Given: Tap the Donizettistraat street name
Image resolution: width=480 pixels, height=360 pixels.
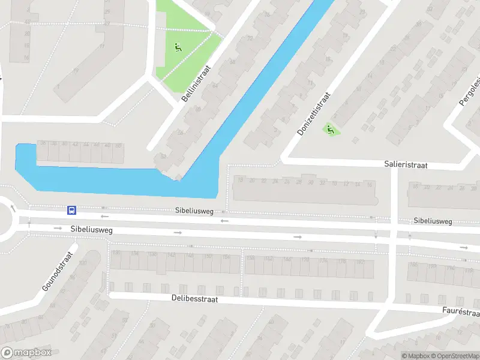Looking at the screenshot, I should point(314,113).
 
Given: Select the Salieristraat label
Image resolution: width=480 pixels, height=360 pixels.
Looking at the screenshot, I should point(406,164).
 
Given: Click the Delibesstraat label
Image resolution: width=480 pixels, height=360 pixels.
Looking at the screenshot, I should point(194,298).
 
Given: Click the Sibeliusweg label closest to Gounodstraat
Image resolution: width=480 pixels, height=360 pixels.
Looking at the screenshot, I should point(91,229).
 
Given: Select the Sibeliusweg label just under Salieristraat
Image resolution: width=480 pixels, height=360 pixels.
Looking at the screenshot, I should point(433,221).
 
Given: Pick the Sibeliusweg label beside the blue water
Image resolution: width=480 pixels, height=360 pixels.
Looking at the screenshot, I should point(194,211).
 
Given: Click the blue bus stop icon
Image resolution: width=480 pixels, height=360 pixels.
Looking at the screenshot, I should point(71,210).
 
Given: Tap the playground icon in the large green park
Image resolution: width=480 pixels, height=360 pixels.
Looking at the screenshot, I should point(178,47).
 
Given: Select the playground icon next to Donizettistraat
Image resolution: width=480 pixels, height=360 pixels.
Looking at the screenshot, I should point(329,128).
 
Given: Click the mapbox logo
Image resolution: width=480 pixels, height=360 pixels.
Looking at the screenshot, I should point(26,353).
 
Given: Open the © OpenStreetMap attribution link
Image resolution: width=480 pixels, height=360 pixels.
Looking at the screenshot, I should point(454,356).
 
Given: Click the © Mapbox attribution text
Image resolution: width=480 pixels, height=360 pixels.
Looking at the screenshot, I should point(415,356).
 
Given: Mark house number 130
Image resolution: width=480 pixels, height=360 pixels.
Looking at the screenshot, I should point(116,254).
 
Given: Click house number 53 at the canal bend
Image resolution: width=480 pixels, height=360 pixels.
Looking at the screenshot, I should point(163,157).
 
